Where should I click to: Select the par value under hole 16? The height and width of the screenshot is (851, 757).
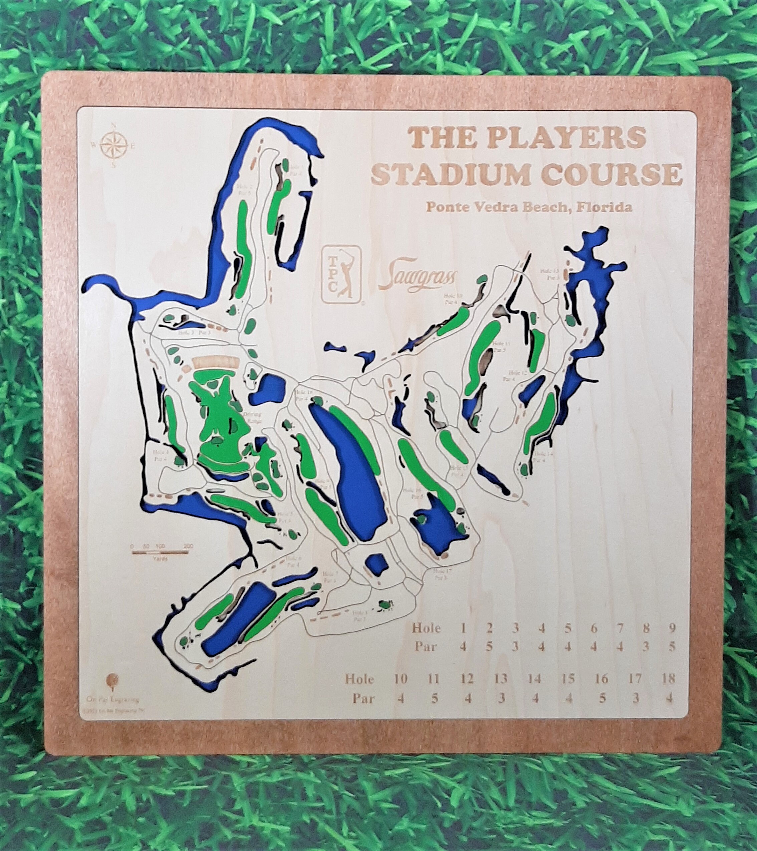(x=601, y=709)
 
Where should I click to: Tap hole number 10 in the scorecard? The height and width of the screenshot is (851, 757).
(x=400, y=690)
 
